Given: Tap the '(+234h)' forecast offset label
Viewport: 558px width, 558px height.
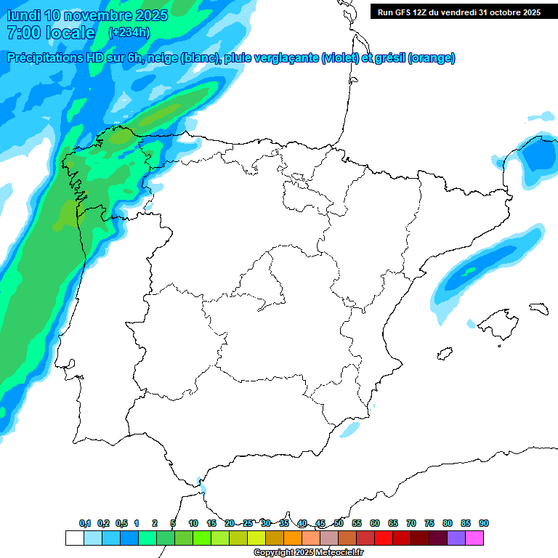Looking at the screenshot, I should [129, 32].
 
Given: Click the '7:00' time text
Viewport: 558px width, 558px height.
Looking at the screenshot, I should [22, 33].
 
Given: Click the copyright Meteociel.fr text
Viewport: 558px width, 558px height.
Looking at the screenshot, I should [308, 553].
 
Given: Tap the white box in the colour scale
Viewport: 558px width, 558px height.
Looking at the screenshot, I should [74, 538].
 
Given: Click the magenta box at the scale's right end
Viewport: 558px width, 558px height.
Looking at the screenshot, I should [474, 538].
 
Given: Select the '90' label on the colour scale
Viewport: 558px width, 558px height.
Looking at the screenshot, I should [484, 524].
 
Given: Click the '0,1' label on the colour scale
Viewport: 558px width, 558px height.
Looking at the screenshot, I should [85, 524].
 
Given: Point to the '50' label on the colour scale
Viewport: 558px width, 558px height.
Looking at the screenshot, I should [339, 524].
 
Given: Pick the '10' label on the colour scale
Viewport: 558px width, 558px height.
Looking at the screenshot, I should [193, 524].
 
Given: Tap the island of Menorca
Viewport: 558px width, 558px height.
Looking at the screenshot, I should [538, 308].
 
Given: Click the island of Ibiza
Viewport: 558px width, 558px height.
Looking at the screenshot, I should [445, 355].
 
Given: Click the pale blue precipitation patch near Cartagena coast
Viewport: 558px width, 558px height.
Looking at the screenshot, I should [350, 429].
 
